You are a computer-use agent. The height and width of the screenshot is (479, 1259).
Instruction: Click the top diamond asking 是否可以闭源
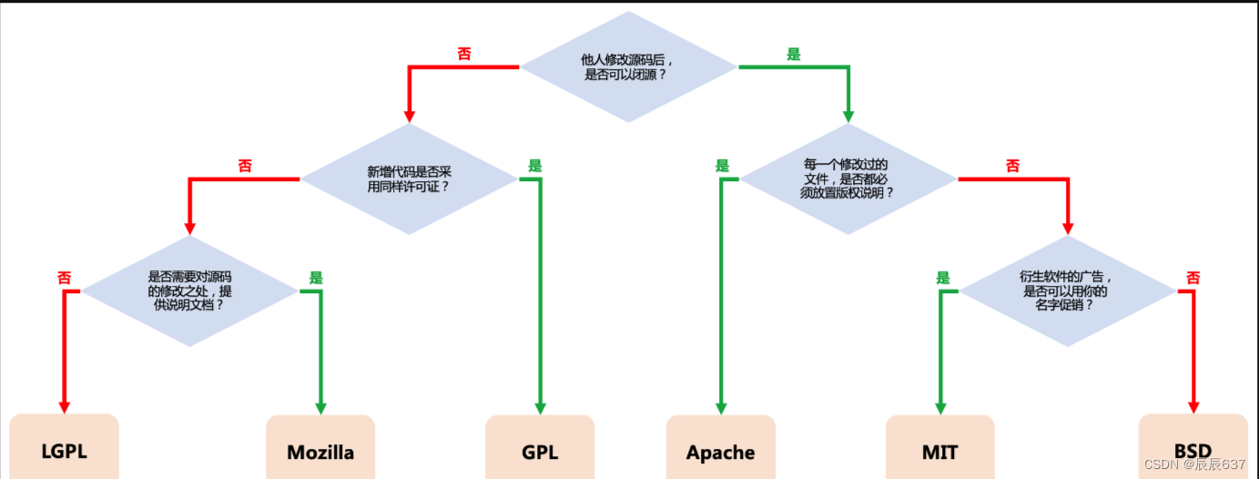click(628, 67)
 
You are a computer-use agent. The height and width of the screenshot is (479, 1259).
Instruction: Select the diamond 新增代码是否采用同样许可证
click(409, 178)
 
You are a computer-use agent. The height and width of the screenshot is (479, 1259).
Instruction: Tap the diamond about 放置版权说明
click(848, 178)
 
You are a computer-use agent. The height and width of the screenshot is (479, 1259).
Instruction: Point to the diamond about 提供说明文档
click(189, 291)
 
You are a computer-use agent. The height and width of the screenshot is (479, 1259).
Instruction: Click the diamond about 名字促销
click(1068, 291)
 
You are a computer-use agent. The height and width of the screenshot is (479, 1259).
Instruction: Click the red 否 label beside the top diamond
click(464, 55)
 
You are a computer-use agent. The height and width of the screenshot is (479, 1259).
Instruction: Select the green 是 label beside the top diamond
click(794, 55)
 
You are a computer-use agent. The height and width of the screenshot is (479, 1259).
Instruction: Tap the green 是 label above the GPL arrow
click(535, 166)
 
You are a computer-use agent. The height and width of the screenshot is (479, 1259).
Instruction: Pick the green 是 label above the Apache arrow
click(723, 166)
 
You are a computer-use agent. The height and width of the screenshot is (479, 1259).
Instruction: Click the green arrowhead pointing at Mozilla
click(320, 407)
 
